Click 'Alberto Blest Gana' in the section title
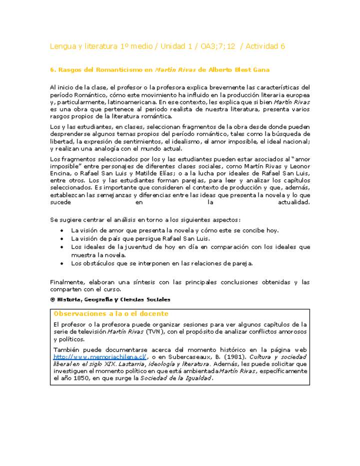click(x=242, y=70)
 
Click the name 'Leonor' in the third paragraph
click(x=298, y=166)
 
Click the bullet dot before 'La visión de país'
click(x=61, y=238)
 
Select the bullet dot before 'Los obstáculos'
click(x=61, y=263)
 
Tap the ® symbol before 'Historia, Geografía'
click(x=52, y=299)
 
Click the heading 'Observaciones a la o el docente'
click(x=111, y=313)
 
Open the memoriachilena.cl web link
click(x=100, y=357)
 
